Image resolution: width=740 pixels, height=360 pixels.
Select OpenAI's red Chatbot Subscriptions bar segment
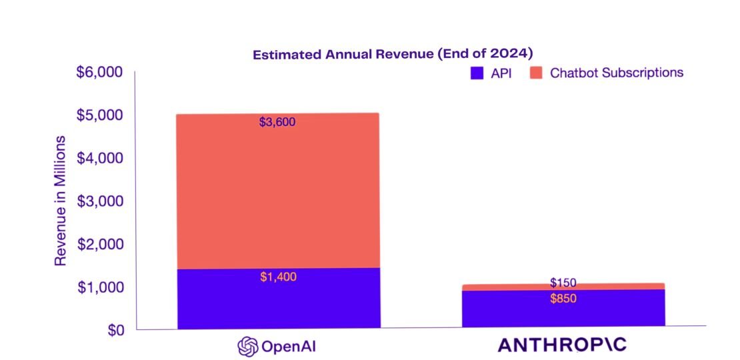pos(278,193)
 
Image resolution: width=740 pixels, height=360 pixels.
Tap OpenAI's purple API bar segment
pos(278,300)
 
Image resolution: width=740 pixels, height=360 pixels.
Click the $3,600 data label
pos(277,122)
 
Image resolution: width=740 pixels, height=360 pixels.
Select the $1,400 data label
pos(278,277)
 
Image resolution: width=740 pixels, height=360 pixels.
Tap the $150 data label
pos(563,283)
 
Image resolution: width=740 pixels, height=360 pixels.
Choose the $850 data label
pos(563,299)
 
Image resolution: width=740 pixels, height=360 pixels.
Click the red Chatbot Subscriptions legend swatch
pos(537,73)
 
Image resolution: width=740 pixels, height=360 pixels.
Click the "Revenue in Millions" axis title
pos(61,201)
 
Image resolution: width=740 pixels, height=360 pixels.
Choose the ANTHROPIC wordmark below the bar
pos(563,345)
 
